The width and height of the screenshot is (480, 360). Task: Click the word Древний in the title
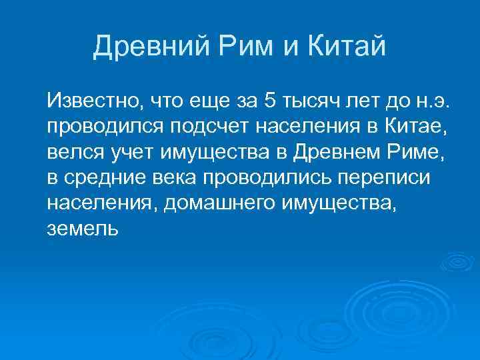tap(145, 47)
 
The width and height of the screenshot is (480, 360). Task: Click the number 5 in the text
tap(269, 102)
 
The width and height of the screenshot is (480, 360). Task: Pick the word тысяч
tap(308, 102)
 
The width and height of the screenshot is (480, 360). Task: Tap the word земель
tap(83, 229)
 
